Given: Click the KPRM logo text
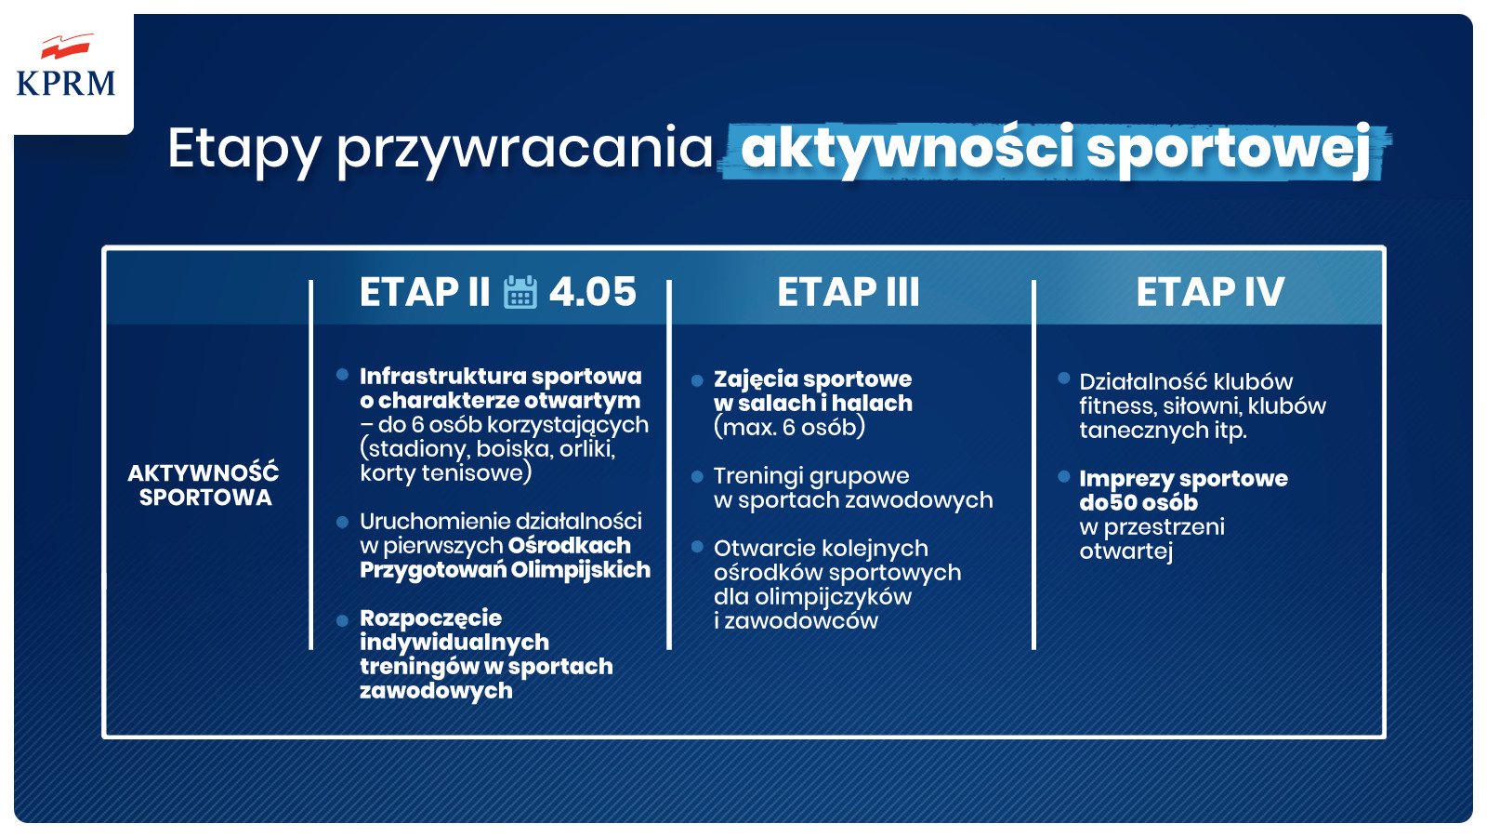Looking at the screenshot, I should point(66,84).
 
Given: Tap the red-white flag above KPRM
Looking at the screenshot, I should point(67,46).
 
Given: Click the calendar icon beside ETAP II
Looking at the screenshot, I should point(520,292).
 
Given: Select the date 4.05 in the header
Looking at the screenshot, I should point(592,292).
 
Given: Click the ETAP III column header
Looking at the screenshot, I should point(848,292).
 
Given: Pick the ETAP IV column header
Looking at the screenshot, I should point(1210,292).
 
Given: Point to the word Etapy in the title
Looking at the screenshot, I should point(243,149).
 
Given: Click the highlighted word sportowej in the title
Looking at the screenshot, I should point(1229,149).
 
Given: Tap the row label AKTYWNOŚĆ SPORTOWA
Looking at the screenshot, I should point(204,485).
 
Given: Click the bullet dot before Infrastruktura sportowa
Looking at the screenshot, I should point(342,375).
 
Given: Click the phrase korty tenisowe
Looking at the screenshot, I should point(445,473).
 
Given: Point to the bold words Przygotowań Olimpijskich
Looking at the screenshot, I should point(505,570).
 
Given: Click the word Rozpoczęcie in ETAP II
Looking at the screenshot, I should point(430,618).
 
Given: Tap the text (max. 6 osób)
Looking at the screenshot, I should point(789,428).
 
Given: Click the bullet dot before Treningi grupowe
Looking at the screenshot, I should point(697,477).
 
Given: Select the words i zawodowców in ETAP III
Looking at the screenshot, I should point(796,621).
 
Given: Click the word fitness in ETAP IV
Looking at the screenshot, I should point(1115,406).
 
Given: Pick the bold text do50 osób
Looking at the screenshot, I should point(1138,503).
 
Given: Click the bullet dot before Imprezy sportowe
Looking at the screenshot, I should point(1063,477).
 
